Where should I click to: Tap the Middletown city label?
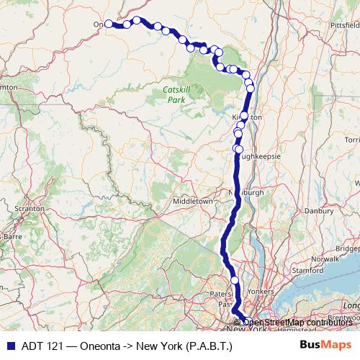point(192,202)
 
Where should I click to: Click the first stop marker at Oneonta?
point(109,24)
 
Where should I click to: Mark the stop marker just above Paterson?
point(235,280)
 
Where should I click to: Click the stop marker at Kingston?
point(244,116)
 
